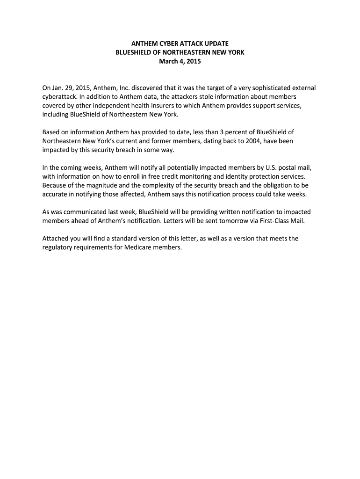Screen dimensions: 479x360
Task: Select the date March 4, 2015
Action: click(x=180, y=61)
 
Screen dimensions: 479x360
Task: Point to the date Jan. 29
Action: click(x=61, y=88)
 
